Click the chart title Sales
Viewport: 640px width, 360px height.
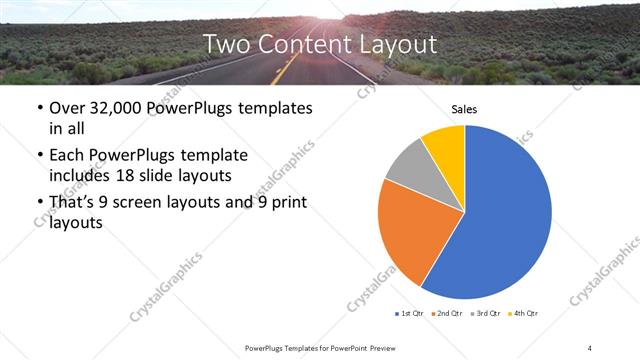464,108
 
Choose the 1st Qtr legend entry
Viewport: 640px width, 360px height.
410,314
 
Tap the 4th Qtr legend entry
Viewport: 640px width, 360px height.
524,314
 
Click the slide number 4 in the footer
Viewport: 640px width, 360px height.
590,347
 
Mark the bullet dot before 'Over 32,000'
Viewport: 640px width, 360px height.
38,109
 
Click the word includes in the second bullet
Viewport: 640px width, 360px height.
82,175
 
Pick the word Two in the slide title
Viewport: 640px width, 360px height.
226,44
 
